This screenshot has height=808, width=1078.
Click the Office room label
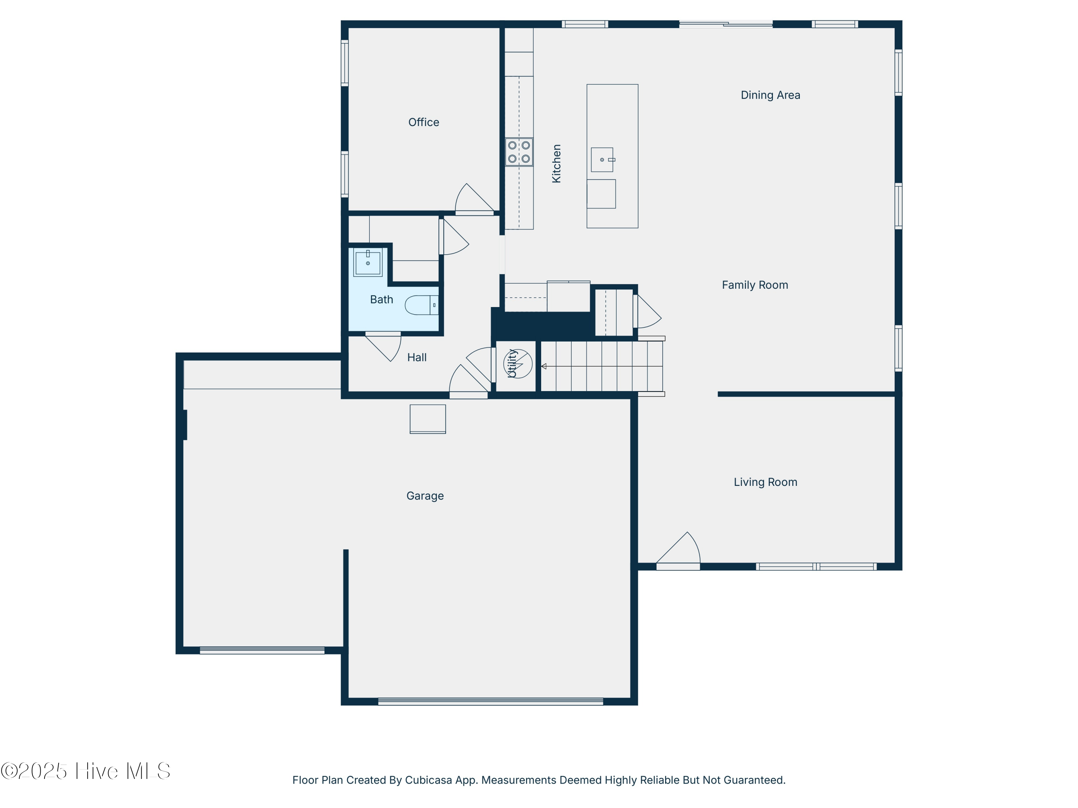click(424, 122)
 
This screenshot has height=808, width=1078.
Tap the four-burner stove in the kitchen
click(519, 152)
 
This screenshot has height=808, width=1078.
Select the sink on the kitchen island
click(602, 160)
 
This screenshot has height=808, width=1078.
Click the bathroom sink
click(368, 263)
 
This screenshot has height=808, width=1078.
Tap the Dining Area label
click(770, 95)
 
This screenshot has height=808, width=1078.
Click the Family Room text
click(754, 285)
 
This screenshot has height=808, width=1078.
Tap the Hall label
click(417, 357)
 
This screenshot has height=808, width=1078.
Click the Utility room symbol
click(517, 363)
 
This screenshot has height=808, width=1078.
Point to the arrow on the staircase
click(544, 366)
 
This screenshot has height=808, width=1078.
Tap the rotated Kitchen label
click(556, 164)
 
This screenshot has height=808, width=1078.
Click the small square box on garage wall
click(427, 419)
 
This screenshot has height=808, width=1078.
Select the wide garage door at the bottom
click(490, 701)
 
